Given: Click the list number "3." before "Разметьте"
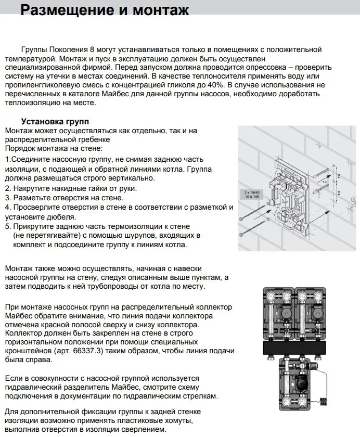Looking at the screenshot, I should [x=8, y=198].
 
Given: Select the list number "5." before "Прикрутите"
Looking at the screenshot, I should [x=8, y=226].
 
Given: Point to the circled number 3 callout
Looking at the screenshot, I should [x=353, y=199].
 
